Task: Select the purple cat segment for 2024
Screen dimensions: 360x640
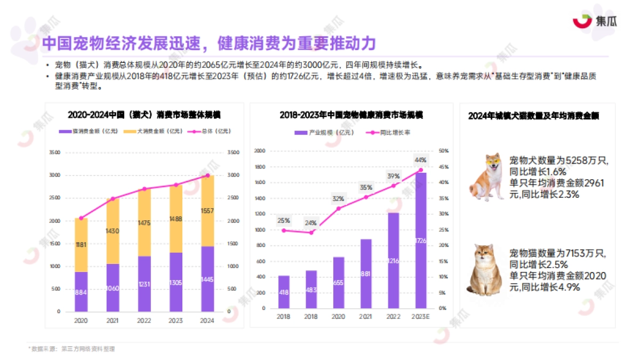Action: pyautogui.click(x=207, y=278)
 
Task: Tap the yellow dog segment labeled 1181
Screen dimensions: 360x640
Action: pyautogui.click(x=81, y=245)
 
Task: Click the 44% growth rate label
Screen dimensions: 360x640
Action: pyautogui.click(x=420, y=160)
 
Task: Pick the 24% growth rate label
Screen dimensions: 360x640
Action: pyautogui.click(x=311, y=223)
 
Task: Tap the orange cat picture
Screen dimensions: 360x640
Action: pyautogui.click(x=486, y=269)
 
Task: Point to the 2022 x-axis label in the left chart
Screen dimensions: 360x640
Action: pyautogui.click(x=144, y=321)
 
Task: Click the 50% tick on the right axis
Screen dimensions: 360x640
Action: pyautogui.click(x=442, y=151)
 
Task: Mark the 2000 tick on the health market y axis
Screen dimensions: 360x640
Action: pyautogui.click(x=260, y=151)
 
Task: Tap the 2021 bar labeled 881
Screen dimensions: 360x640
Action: pyautogui.click(x=366, y=273)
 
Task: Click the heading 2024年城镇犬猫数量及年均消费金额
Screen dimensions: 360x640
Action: pyautogui.click(x=533, y=116)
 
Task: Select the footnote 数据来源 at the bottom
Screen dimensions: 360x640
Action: pyautogui.click(x=72, y=349)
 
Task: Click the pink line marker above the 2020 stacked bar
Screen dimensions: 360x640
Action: pyautogui.click(x=81, y=218)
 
